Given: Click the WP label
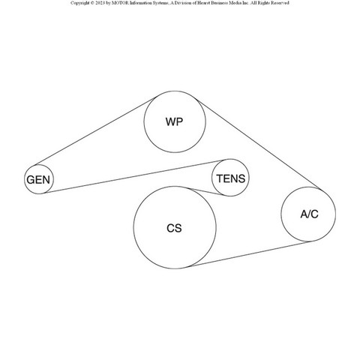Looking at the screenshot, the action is pyautogui.click(x=174, y=121).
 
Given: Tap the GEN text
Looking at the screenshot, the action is pyautogui.click(x=38, y=180).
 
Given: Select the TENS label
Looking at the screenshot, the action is pyautogui.click(x=231, y=178).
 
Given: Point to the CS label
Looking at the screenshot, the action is pyautogui.click(x=174, y=228).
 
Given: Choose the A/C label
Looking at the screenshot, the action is pyautogui.click(x=309, y=214).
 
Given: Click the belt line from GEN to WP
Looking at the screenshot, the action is pyautogui.click(x=96, y=131).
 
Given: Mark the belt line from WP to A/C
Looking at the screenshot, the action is pyautogui.click(x=259, y=144).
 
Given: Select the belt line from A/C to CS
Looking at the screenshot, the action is pyautogui.click(x=249, y=254).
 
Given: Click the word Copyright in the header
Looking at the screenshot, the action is pyautogui.click(x=80, y=3).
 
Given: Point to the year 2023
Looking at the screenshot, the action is pyautogui.click(x=100, y=3).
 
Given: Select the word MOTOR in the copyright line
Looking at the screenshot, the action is pyautogui.click(x=120, y=3).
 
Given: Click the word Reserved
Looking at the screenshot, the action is pyautogui.click(x=280, y=3).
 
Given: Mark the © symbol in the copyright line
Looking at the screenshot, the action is pyautogui.click(x=92, y=3).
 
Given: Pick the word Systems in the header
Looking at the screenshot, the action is pyautogui.click(x=160, y=3).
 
